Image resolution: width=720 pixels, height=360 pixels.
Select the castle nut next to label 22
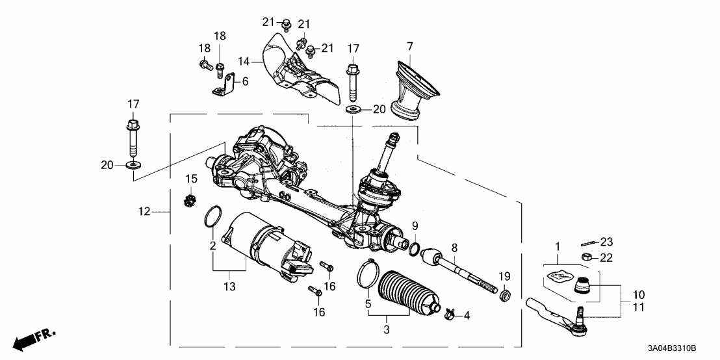click(585, 257)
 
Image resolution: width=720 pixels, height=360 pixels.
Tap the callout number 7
click(409, 47)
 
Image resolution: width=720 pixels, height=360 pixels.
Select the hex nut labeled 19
click(506, 296)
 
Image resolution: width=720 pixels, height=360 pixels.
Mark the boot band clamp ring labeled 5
click(367, 272)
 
